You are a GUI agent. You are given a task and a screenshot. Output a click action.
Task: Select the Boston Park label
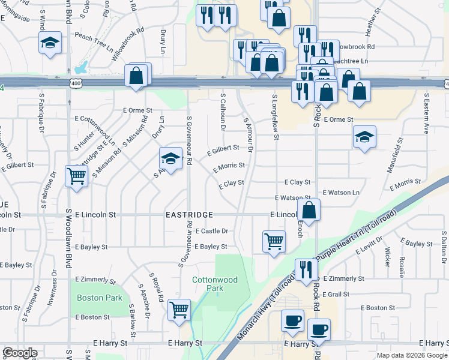click(x=100, y=298)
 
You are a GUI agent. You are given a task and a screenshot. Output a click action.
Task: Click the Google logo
click(x=20, y=353)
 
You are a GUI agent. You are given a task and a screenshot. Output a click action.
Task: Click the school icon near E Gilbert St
click(x=170, y=159)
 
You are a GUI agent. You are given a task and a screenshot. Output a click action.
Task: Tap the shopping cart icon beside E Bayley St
click(x=274, y=242)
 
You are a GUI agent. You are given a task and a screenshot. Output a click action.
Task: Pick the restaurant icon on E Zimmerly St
click(x=306, y=270)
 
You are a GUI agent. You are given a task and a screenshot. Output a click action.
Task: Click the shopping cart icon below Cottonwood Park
click(x=179, y=310)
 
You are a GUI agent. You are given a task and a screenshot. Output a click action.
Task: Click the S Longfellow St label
click(x=276, y=117)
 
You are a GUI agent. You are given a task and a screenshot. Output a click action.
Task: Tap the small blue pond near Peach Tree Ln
click(x=83, y=65)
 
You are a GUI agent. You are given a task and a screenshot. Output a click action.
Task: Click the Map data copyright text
click(x=411, y=355)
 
